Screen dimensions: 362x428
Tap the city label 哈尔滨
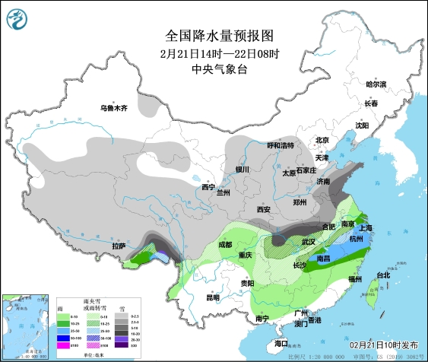376,84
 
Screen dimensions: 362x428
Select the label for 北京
322,140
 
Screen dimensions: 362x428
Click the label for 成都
225,245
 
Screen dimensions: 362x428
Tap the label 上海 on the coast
366,228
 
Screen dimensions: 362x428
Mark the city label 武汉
308,242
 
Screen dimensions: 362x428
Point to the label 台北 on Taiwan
382,275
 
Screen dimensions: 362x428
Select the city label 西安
264,209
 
